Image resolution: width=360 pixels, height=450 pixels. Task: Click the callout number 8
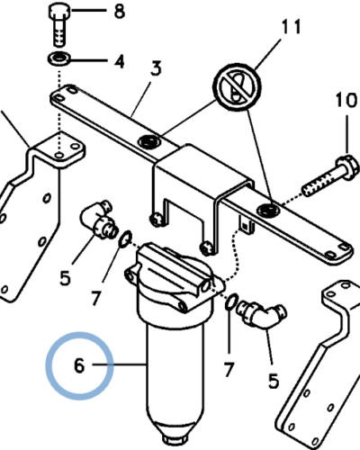coord(120,12)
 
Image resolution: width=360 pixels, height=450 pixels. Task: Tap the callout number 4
coord(120,62)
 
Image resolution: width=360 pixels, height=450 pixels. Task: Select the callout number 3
coord(156,68)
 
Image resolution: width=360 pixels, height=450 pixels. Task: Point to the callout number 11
coord(292,27)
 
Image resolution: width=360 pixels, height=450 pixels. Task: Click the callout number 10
coord(346,100)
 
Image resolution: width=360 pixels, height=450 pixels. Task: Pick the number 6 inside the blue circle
coord(79,365)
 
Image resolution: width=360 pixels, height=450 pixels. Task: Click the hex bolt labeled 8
coord(59,25)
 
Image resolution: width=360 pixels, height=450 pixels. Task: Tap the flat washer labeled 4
coord(59,58)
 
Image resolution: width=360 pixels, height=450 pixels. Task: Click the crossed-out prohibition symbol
coord(237,87)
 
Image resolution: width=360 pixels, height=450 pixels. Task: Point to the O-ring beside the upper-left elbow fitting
coord(125,239)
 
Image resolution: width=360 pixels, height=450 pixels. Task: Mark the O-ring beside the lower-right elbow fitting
coord(232,301)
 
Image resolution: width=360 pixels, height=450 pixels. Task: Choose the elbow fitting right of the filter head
coord(261,316)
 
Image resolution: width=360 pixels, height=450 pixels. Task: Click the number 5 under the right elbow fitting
coord(274,382)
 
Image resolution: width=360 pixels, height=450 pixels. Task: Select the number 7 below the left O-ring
coord(95,298)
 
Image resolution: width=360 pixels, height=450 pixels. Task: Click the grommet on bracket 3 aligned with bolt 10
coord(269,210)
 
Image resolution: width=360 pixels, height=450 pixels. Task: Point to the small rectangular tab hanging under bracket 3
coord(247,224)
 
